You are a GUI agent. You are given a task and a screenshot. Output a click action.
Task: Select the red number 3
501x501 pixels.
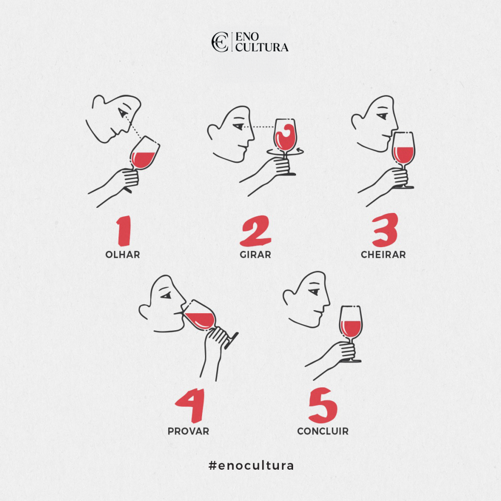[384, 230]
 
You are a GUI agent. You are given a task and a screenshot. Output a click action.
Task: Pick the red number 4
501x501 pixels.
[189, 408]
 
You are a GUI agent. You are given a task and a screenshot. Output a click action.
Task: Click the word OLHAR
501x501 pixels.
[122, 254]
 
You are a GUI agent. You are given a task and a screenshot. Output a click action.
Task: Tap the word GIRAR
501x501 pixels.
[255, 254]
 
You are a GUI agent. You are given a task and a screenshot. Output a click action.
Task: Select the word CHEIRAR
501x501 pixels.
[383, 254]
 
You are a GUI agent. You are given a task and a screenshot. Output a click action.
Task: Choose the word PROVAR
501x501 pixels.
[188, 432]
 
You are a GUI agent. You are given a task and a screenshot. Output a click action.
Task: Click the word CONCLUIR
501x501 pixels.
[323, 432]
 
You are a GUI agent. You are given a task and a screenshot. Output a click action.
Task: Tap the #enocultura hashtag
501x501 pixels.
[251, 465]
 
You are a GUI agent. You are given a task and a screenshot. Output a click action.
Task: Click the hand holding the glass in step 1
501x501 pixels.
[128, 178]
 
